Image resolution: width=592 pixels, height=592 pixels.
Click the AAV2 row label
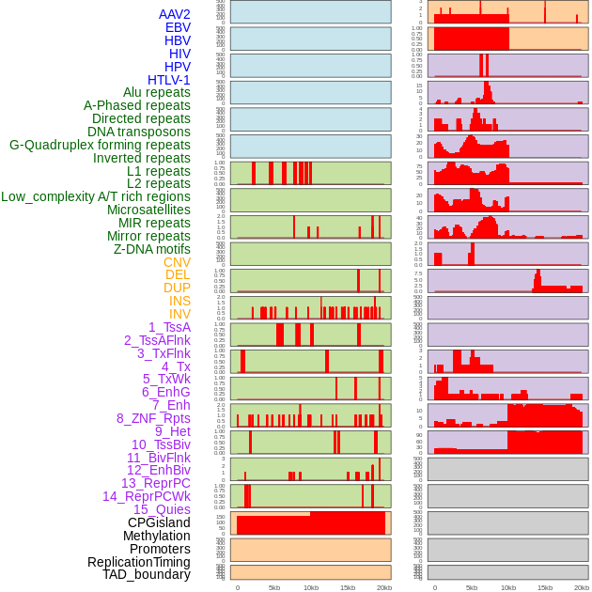point(175,14)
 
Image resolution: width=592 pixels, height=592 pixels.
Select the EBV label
point(178,27)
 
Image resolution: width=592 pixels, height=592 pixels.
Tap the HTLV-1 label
point(169,80)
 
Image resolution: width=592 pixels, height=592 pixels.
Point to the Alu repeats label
point(157,92)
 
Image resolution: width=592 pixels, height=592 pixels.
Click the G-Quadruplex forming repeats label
point(100,145)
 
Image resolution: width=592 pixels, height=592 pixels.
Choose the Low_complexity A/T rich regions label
point(96,196)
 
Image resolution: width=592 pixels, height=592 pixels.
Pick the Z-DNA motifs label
point(152,249)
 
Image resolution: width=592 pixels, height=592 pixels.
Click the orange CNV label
point(177,262)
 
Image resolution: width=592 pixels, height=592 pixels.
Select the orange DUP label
point(177,288)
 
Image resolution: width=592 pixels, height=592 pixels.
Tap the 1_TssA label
point(169,327)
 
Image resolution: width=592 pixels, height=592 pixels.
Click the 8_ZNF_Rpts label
point(153,418)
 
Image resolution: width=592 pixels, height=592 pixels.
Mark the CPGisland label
point(159,522)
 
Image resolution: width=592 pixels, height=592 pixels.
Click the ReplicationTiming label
point(139,562)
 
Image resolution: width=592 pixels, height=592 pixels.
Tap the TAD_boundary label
point(147,574)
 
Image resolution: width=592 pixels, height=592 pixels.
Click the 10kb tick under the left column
point(311,587)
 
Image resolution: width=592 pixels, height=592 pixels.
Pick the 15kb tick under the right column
point(545,587)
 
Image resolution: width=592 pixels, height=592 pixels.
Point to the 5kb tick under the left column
point(274,587)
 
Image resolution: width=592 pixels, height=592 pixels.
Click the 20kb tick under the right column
point(582,587)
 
